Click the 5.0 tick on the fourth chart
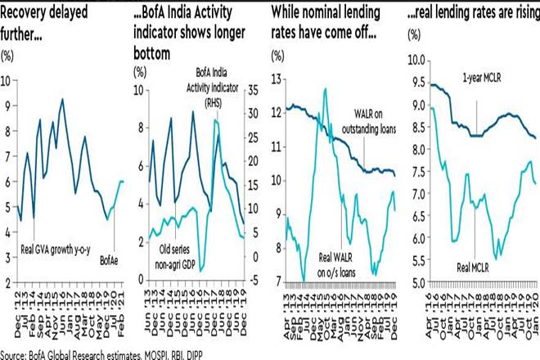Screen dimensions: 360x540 pos(415,281)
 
